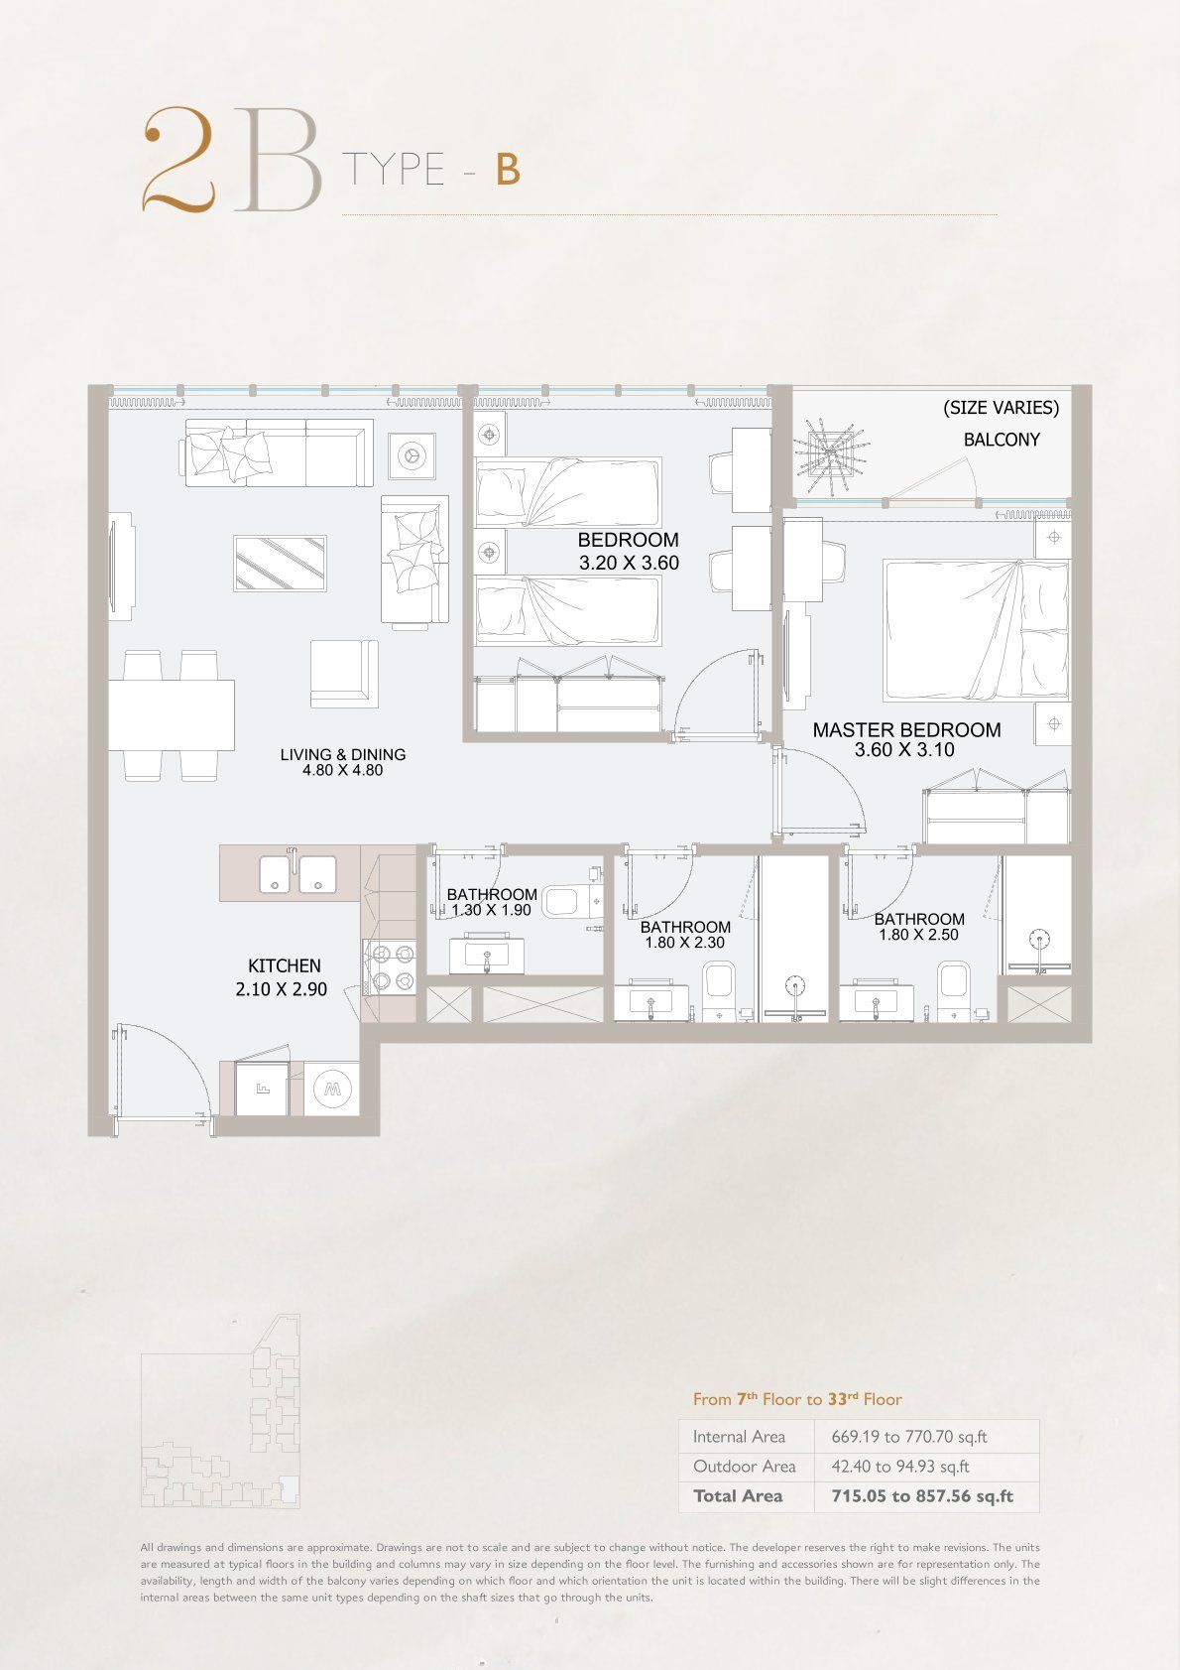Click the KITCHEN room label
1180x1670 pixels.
285,965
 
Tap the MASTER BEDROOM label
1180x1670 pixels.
906,730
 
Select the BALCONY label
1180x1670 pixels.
1002,440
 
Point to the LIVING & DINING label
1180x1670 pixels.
343,754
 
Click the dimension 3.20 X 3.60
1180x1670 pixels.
629,563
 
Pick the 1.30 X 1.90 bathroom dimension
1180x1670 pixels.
491,910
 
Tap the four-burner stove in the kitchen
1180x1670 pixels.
389,966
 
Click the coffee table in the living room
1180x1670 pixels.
280,564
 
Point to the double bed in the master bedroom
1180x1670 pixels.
976,631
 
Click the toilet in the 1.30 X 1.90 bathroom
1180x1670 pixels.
571,901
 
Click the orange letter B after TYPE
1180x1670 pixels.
508,170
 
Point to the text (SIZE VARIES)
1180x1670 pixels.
1001,408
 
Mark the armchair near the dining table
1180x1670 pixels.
344,673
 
